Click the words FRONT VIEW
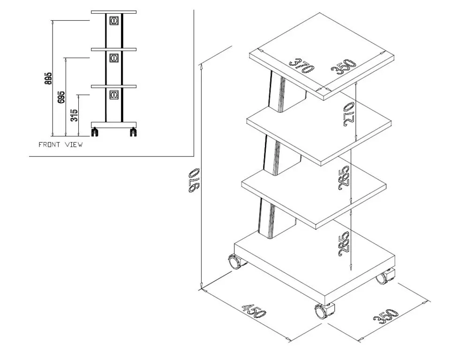pos(60,144)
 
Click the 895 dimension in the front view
pos(48,79)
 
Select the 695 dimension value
pos(62,97)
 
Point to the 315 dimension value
pos(75,115)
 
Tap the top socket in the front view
pos(114,21)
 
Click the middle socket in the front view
pos(114,58)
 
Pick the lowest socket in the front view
pos(114,95)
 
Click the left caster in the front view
pos(95,132)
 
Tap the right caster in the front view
pos(133,132)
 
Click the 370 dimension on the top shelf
pos(301,66)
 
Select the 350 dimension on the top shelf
pos(344,67)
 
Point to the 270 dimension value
pos(349,114)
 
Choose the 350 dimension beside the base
pos(386,316)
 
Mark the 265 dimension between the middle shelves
pos(344,179)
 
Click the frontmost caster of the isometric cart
pos(324,311)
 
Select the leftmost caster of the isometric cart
pos(236,262)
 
